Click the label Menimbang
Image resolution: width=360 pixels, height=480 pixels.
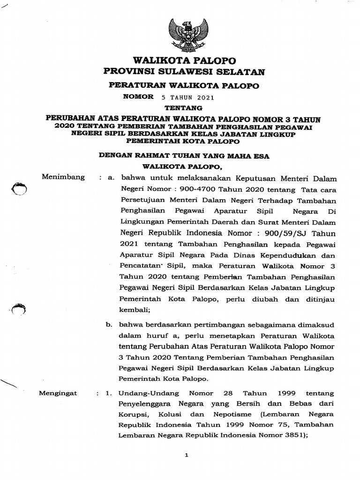click(x=63, y=177)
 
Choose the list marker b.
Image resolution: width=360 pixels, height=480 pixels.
click(x=110, y=325)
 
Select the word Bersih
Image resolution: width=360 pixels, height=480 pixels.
click(x=251, y=404)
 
